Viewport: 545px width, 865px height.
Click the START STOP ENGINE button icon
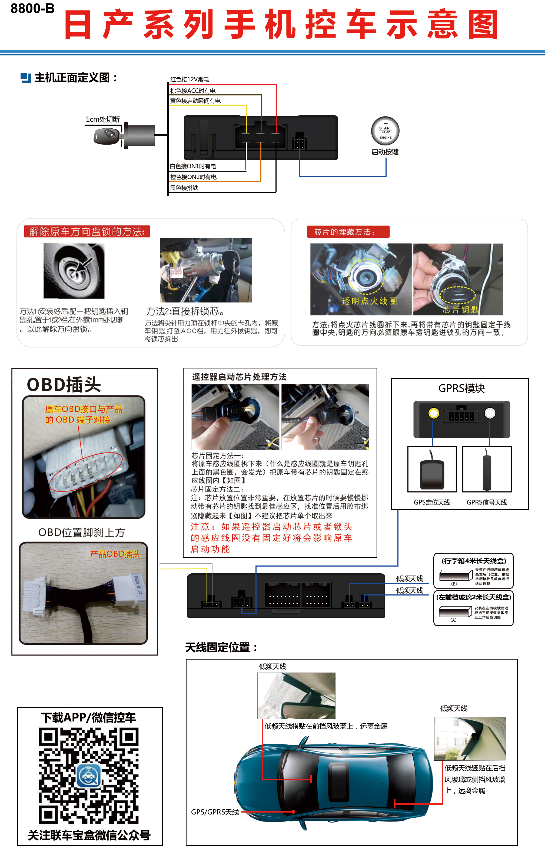[x=385, y=131]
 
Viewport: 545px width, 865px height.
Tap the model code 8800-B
[x=32, y=9]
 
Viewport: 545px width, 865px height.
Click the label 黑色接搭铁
[x=184, y=188]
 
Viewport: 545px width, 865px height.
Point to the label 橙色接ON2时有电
[x=193, y=177]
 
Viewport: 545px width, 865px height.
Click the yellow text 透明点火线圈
[x=369, y=301]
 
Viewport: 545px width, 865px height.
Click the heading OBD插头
[x=64, y=385]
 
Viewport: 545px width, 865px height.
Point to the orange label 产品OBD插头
[x=115, y=554]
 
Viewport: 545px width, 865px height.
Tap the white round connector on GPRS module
[x=490, y=413]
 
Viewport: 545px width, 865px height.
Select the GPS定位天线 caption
[x=432, y=502]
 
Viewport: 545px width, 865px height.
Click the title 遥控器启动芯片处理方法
[x=239, y=377]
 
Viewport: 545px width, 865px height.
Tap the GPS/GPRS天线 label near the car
[x=215, y=812]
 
